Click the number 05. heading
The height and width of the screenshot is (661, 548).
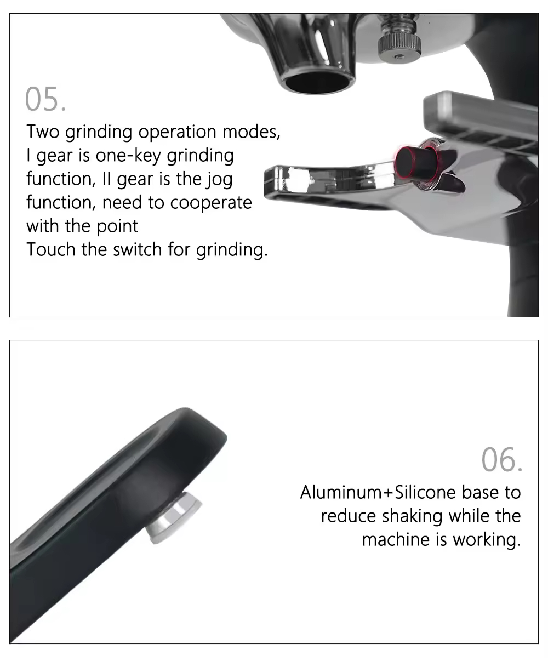[45, 99]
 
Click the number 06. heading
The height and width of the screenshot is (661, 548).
[501, 459]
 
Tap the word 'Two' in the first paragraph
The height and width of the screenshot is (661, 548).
[43, 132]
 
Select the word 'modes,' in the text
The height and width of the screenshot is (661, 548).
[251, 132]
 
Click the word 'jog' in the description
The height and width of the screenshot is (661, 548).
[219, 180]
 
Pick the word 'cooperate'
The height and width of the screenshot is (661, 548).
[211, 203]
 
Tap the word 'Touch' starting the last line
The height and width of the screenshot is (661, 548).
[51, 249]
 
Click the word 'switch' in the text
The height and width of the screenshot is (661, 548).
[138, 249]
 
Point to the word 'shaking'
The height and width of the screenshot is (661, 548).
[412, 517]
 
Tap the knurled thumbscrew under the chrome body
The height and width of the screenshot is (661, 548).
[399, 48]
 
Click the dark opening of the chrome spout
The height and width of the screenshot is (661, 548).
[317, 83]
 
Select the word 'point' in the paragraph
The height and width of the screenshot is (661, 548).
[117, 227]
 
